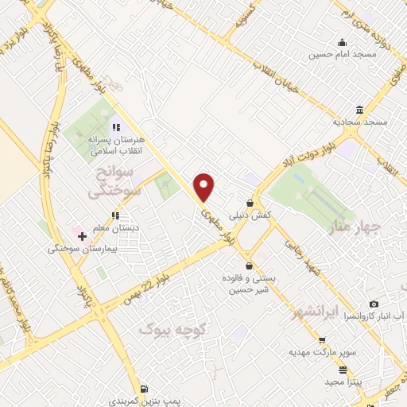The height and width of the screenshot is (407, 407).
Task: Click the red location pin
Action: pyautogui.click(x=205, y=187)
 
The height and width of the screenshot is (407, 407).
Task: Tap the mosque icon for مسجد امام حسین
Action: pyautogui.click(x=342, y=43)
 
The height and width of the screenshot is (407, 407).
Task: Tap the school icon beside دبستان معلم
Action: pyautogui.click(x=116, y=215)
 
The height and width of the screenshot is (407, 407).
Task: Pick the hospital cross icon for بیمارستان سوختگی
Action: pyautogui.click(x=82, y=236)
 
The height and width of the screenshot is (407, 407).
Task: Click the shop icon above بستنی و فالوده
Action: pyautogui.click(x=250, y=266)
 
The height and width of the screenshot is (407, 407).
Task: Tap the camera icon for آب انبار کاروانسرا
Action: pyautogui.click(x=374, y=304)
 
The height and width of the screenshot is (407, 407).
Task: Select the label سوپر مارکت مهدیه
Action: pyautogui.click(x=319, y=351)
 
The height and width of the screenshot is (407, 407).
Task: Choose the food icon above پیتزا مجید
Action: pyautogui.click(x=343, y=370)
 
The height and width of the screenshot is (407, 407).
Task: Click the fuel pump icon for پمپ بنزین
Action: pyautogui.click(x=143, y=389)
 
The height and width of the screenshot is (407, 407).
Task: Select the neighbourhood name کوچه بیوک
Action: pyautogui.click(x=172, y=328)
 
